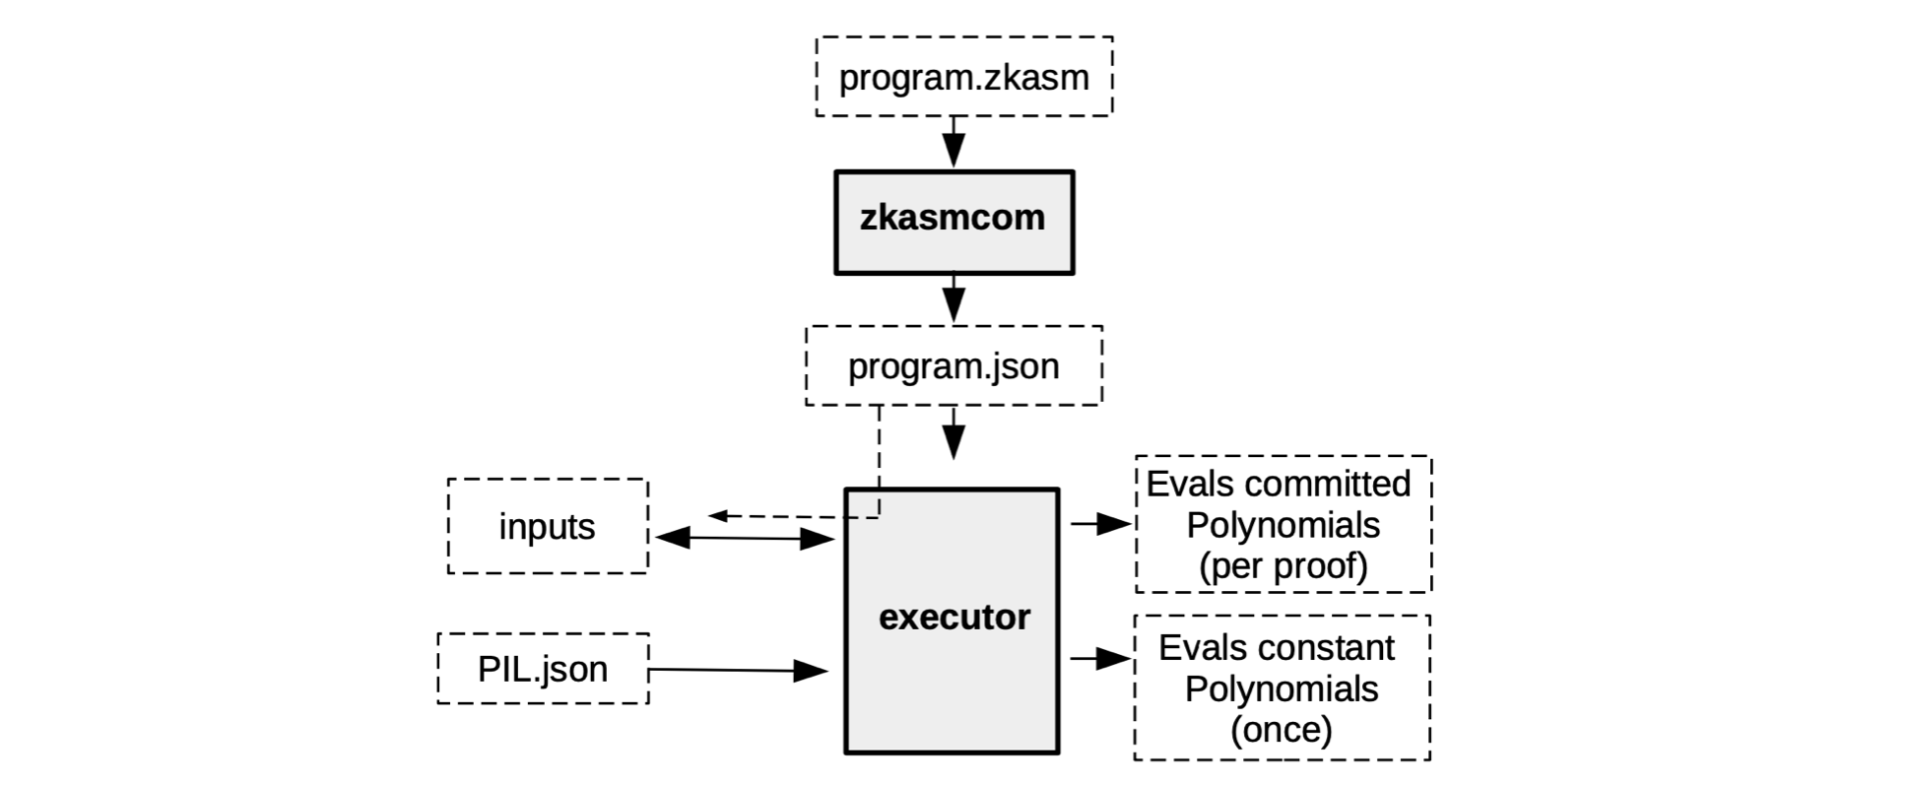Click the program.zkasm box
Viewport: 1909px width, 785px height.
click(963, 77)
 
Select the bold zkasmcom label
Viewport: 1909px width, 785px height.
click(953, 218)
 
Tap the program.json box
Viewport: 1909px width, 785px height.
click(954, 366)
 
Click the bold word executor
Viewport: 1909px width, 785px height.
click(954, 618)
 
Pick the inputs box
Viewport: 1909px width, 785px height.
click(548, 527)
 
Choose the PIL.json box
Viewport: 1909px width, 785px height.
click(543, 669)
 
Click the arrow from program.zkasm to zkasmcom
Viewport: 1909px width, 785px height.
click(953, 144)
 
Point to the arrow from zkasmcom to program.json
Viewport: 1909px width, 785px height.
click(953, 299)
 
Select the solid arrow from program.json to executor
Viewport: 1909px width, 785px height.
click(953, 435)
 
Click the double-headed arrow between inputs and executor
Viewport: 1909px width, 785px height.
click(745, 538)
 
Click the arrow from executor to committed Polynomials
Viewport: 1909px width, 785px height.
click(1101, 524)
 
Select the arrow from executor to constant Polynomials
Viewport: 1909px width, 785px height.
click(1101, 658)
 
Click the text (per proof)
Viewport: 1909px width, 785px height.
click(1283, 566)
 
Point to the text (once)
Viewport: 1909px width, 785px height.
click(1281, 729)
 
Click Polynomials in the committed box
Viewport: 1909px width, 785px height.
click(1283, 525)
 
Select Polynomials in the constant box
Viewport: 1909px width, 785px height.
click(1281, 688)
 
